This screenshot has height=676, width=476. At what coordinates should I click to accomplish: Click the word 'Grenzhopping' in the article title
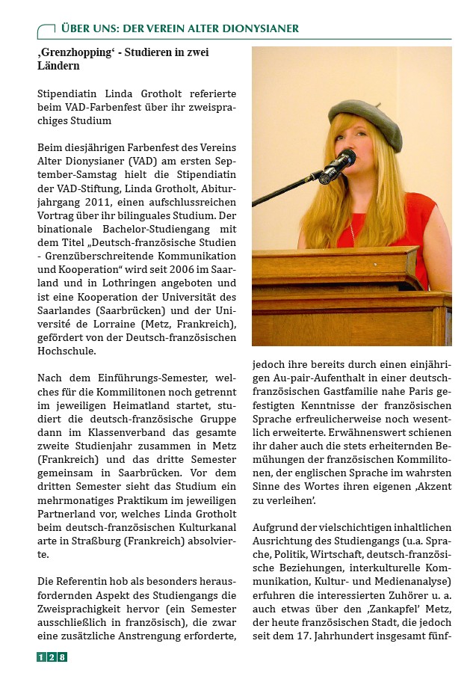pyautogui.click(x=75, y=53)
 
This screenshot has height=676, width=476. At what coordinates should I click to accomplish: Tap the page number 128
pyautogui.click(x=52, y=657)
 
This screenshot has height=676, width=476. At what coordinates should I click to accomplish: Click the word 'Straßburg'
pyautogui.click(x=90, y=541)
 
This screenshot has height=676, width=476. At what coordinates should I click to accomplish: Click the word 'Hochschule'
pyautogui.click(x=67, y=350)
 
